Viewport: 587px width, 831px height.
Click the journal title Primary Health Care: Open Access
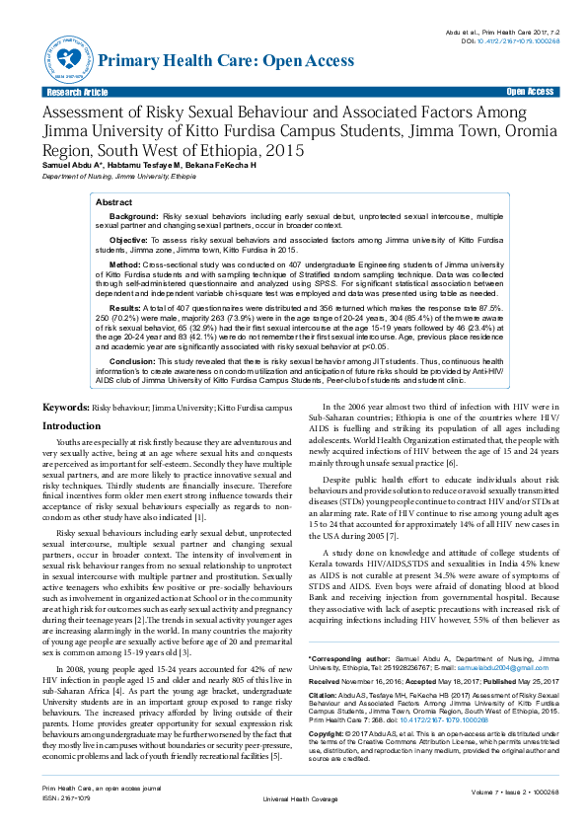click(226, 61)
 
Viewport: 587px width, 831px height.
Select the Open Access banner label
click(530, 91)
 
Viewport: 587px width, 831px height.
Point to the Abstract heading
click(113, 201)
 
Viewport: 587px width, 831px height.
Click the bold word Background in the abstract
click(133, 214)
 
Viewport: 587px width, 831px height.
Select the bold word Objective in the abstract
click(128, 240)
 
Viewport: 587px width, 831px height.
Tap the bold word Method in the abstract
click(124, 265)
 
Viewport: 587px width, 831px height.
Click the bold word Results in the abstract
click(125, 308)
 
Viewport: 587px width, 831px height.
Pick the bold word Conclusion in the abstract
click(132, 360)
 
